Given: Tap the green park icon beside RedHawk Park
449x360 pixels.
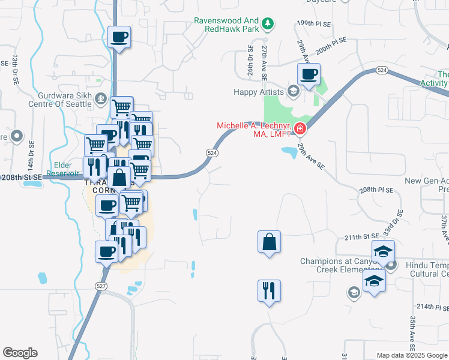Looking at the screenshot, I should [x=270, y=24].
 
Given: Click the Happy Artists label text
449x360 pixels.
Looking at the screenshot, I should [x=259, y=92].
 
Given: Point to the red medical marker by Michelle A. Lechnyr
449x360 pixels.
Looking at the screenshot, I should [x=299, y=128].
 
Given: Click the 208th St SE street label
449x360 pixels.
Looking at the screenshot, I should [x=22, y=178].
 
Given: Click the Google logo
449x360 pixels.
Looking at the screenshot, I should [x=20, y=353].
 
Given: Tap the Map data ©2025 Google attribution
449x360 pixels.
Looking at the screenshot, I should [x=412, y=355].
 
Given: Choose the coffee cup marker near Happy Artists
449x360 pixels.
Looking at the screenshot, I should [x=309, y=76].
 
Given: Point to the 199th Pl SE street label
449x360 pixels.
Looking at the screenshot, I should [x=313, y=23].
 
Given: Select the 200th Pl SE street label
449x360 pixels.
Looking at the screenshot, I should [x=332, y=45].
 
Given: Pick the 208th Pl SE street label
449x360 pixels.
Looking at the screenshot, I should [x=376, y=190].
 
